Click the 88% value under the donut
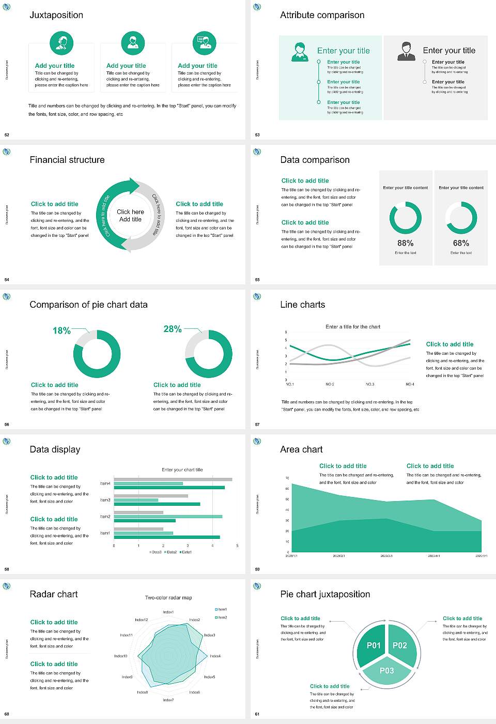pyautogui.click(x=406, y=243)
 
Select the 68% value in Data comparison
pyautogui.click(x=461, y=243)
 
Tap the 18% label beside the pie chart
pyautogui.click(x=61, y=330)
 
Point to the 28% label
pyautogui.click(x=172, y=329)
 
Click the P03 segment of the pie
pyautogui.click(x=386, y=671)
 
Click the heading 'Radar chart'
pyautogui.click(x=54, y=594)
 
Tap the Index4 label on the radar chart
pyautogui.click(x=215, y=656)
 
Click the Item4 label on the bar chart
pyautogui.click(x=105, y=484)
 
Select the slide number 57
pyautogui.click(x=257, y=425)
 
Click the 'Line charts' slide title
pyautogui.click(x=302, y=305)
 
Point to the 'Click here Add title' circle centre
pyautogui.click(x=130, y=216)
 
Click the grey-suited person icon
pyautogui.click(x=406, y=51)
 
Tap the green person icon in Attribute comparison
pyautogui.click(x=299, y=52)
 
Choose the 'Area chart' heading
pyautogui.click(x=301, y=449)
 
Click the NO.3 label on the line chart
pyautogui.click(x=370, y=384)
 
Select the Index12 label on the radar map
pyautogui.click(x=141, y=620)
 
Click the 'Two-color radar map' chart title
pyautogui.click(x=168, y=597)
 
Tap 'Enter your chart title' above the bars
pyautogui.click(x=182, y=470)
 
